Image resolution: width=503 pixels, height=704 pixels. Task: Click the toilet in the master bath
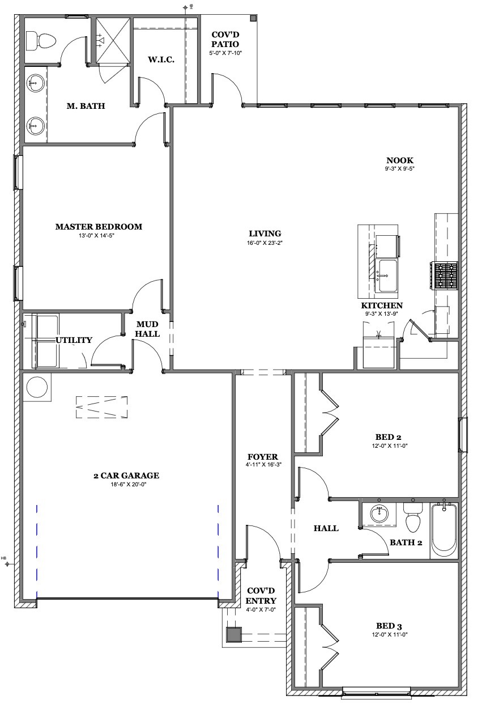pyautogui.click(x=41, y=41)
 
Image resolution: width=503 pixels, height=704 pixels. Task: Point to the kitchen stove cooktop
pyautogui.click(x=444, y=275)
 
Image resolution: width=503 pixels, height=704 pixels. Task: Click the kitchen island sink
pyautogui.click(x=386, y=275)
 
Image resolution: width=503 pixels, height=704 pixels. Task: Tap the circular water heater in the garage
pyautogui.click(x=37, y=387)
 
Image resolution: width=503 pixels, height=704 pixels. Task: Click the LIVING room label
pyautogui.click(x=265, y=234)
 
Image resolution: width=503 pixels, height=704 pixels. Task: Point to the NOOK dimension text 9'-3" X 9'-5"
pyautogui.click(x=400, y=168)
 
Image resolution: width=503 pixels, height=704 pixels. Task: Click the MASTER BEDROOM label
pyautogui.click(x=99, y=227)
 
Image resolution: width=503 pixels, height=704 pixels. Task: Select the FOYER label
pyautogui.click(x=263, y=457)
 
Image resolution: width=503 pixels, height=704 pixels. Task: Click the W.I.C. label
pyautogui.click(x=161, y=60)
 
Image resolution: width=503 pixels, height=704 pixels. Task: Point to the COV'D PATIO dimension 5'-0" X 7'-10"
pyautogui.click(x=225, y=53)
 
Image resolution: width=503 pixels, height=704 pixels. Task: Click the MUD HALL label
pyautogui.click(x=147, y=329)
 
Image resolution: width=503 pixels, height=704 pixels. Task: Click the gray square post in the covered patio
pyautogui.click(x=253, y=18)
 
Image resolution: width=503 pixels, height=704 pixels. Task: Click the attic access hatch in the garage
pyautogui.click(x=101, y=407)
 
